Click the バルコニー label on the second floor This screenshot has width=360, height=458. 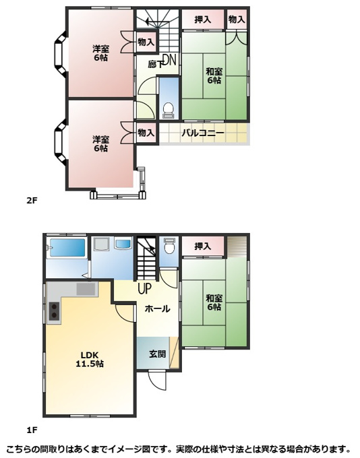click(203, 133)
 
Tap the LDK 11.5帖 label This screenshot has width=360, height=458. click(90, 359)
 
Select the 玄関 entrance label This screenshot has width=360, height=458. click(158, 354)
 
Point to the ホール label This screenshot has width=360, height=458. click(157, 308)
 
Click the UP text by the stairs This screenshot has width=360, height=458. click(145, 288)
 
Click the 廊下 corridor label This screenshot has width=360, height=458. click(154, 64)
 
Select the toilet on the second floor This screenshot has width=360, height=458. click(169, 110)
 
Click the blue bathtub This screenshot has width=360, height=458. click(67, 248)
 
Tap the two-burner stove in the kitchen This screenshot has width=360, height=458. click(54, 311)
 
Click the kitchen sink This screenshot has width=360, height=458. click(86, 289)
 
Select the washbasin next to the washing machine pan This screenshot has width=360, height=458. click(124, 244)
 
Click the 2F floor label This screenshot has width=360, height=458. click(32, 201)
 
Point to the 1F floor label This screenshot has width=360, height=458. click(32, 430)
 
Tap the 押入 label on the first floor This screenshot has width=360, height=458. click(203, 247)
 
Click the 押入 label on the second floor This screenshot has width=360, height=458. click(203, 20)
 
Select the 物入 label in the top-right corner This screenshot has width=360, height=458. click(237, 20)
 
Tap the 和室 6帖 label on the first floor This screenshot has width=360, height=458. click(214, 302)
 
